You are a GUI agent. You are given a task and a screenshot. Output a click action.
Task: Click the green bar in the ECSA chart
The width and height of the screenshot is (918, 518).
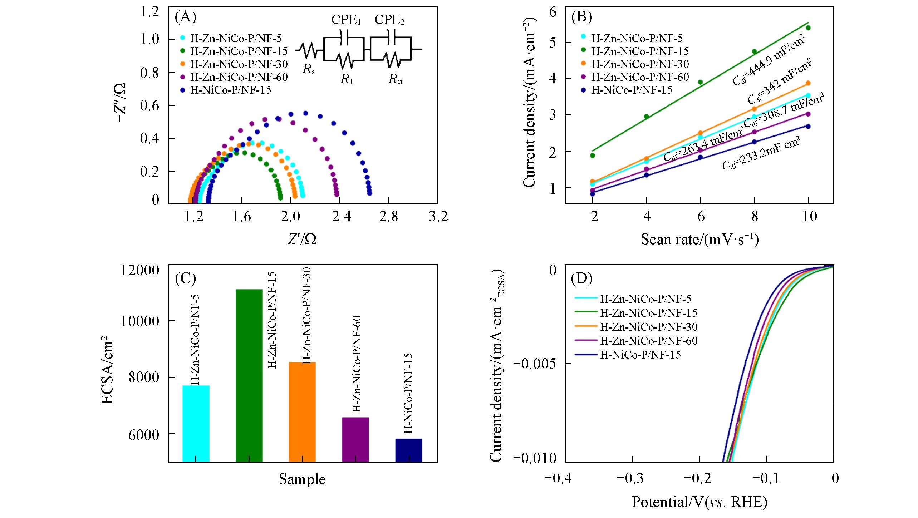coord(249,375)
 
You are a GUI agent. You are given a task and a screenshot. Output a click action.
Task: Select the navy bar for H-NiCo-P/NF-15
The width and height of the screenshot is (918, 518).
coord(409,450)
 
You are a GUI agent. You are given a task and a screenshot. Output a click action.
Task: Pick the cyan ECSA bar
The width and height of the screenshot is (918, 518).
coord(196,424)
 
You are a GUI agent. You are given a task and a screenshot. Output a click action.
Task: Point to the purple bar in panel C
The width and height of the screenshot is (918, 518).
coord(355,439)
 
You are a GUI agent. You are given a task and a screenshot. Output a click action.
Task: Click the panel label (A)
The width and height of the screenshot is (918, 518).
coord(185,18)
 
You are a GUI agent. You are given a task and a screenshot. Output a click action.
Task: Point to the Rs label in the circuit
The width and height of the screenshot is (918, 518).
coord(308,69)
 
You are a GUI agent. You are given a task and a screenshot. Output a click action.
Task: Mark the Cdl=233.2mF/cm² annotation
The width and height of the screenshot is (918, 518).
coord(760,155)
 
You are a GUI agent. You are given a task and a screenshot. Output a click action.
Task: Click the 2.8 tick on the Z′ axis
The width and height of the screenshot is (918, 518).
coord(389,216)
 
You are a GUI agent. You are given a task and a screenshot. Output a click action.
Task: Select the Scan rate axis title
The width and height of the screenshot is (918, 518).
coord(699,239)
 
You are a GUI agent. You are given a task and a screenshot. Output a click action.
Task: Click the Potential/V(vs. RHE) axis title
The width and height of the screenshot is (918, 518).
coord(699,502)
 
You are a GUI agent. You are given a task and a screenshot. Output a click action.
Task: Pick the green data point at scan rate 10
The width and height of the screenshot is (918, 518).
coord(808,28)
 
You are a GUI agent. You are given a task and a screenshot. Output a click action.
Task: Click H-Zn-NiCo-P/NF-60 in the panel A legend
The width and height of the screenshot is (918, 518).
coord(239,77)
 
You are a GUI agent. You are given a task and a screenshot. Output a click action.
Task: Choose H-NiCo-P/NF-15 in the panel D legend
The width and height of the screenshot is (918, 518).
coord(640,355)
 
